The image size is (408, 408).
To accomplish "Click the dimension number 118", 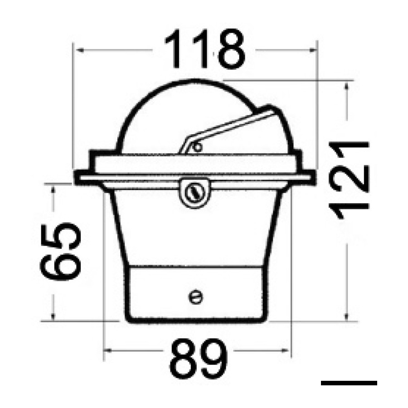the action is coord(204,49).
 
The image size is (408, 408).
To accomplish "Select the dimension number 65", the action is coord(61,251).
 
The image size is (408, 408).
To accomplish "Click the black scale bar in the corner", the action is coord(349,383).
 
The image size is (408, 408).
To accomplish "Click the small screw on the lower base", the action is coord(196,297).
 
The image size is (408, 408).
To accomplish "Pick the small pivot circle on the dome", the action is coord(198,147).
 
